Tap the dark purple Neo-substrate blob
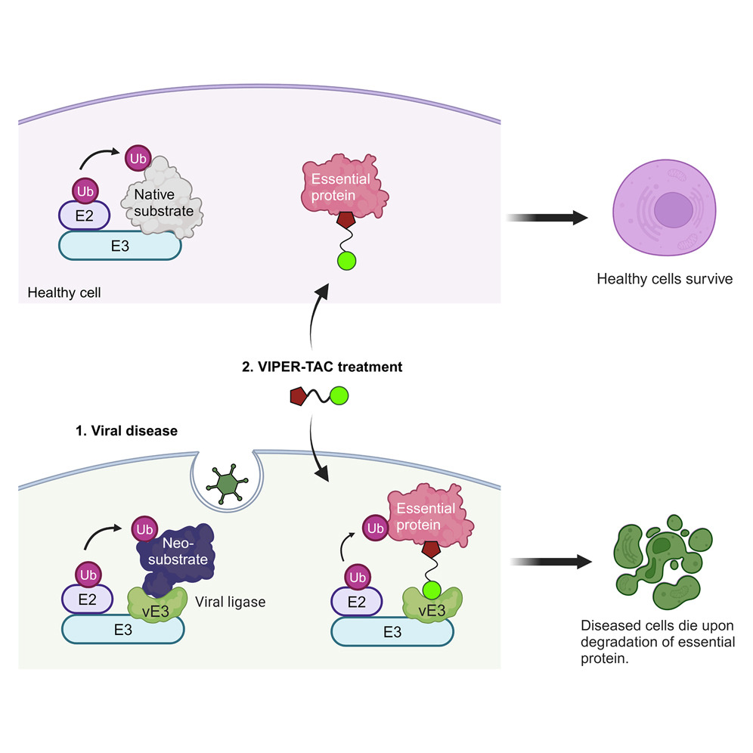pos(175,558)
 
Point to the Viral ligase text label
pos(231,602)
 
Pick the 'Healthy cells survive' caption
pos(665,279)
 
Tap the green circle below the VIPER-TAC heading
pos(339,395)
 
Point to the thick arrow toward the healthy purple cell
pos(547,218)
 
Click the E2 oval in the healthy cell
pos(85,217)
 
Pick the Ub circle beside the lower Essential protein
pos(373,526)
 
